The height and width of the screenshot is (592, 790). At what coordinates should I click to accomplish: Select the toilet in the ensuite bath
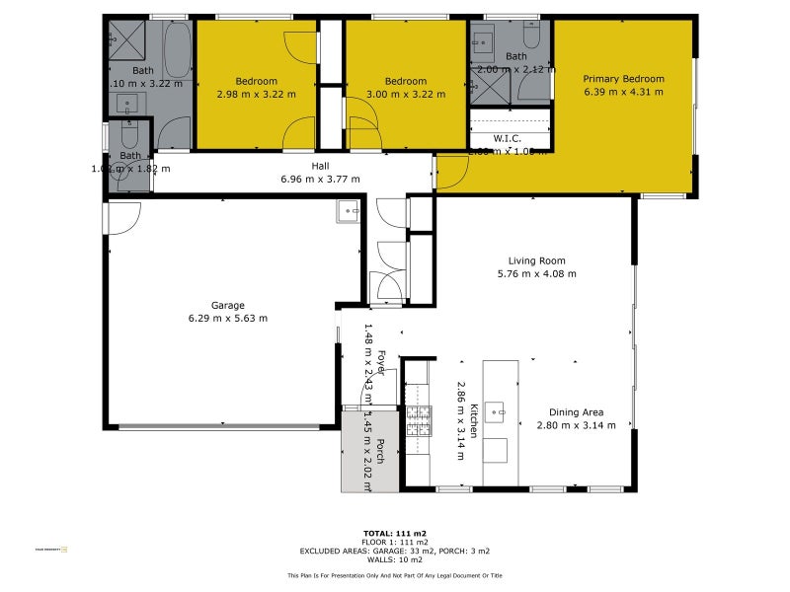tap(530, 37)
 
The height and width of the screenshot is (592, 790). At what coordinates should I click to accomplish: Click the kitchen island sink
tap(499, 408)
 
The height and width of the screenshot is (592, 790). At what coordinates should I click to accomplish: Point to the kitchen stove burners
tap(419, 420)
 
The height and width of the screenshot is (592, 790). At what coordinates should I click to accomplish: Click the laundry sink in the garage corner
tap(349, 211)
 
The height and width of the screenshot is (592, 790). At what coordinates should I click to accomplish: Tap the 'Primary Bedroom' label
tap(623, 79)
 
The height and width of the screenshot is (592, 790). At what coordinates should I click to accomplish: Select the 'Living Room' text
tap(537, 261)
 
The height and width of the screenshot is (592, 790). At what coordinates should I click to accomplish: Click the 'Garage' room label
tap(227, 305)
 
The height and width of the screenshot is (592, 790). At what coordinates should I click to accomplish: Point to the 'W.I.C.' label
tap(508, 139)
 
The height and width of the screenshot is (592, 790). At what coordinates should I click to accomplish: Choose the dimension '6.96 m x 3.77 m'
tap(321, 179)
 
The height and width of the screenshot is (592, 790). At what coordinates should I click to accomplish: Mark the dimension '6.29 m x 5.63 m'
tap(227, 318)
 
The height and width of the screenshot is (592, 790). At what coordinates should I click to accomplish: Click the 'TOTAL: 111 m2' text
tap(394, 533)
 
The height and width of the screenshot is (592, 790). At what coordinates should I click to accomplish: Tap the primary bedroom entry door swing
tap(451, 174)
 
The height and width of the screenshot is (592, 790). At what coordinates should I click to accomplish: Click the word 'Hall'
tap(321, 166)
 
